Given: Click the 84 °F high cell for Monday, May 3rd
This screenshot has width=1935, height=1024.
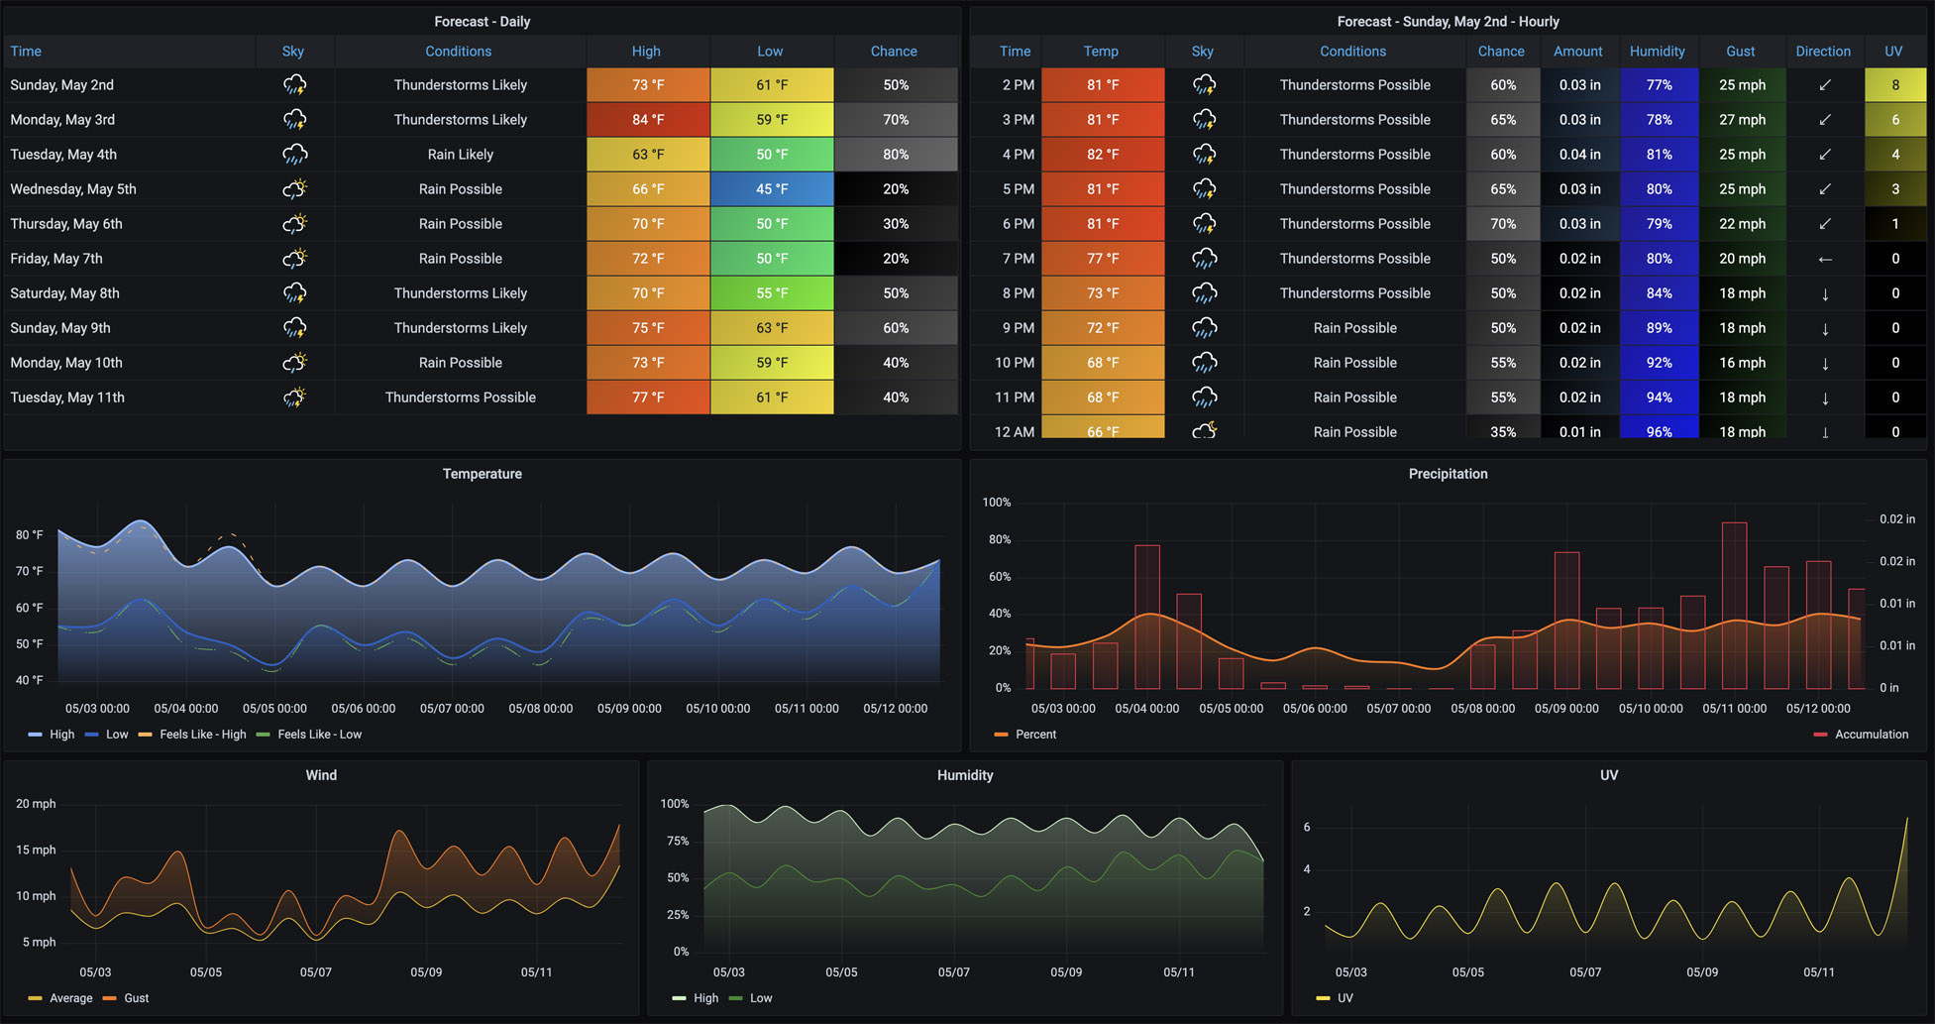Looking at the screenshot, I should click(648, 120).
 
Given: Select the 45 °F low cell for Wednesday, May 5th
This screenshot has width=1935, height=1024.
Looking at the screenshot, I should click(771, 189).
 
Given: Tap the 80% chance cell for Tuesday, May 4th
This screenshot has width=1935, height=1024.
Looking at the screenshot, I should click(896, 155).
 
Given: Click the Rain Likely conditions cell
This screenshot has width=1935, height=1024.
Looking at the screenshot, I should click(460, 155).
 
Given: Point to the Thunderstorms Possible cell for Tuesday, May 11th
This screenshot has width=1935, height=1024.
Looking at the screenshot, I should click(460, 398).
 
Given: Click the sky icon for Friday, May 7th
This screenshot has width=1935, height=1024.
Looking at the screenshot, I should click(294, 259).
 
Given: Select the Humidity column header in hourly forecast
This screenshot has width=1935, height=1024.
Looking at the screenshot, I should click(1657, 52).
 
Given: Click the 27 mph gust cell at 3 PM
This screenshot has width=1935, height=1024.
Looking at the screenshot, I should click(1742, 120).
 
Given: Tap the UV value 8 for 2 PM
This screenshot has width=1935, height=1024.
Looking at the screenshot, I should click(1894, 85).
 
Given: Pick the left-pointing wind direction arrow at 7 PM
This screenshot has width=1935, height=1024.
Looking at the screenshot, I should click(1824, 259).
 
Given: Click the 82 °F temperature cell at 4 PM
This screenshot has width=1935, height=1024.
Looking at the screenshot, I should click(1102, 155).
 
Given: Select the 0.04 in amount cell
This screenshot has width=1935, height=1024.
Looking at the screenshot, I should click(1579, 155).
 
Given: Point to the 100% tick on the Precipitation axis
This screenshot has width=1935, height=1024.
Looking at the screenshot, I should click(996, 503).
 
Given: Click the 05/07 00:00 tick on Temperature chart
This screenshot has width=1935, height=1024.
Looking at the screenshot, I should click(452, 709).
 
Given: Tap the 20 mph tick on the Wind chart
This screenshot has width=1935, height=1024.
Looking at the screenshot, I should click(36, 804).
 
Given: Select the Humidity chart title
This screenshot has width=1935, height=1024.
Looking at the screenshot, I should click(964, 775).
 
